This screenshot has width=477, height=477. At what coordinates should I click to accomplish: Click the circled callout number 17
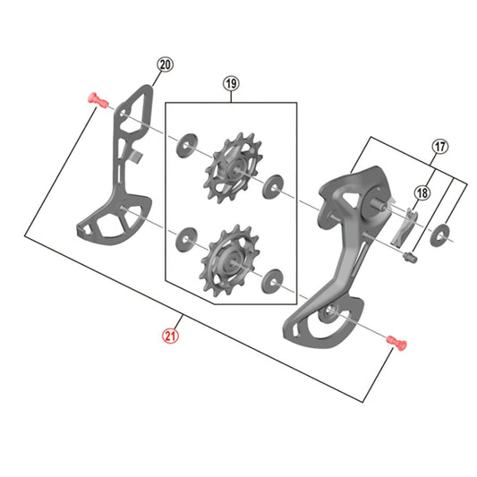point(439,146)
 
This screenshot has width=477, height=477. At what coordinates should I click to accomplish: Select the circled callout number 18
point(422,191)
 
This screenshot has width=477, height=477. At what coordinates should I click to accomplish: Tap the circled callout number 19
point(231,85)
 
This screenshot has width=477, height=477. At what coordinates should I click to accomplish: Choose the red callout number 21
point(170,336)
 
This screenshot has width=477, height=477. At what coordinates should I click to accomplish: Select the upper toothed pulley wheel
point(229,165)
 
